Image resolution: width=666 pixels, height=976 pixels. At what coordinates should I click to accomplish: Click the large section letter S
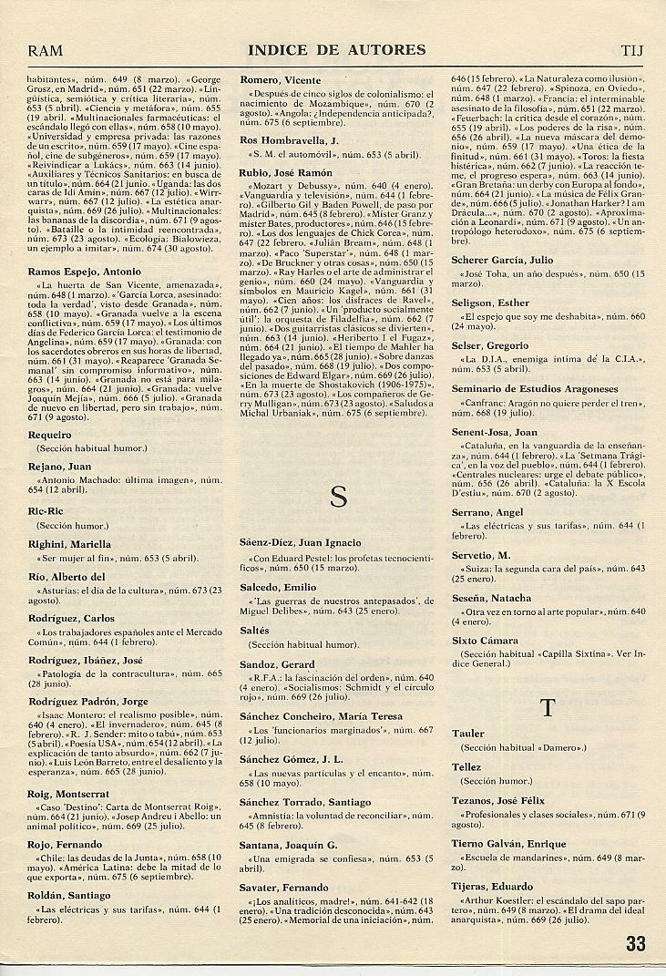coord(338,497)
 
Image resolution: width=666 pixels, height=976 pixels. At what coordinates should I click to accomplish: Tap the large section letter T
coord(548,707)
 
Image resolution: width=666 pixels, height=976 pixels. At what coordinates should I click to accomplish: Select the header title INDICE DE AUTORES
coord(336,49)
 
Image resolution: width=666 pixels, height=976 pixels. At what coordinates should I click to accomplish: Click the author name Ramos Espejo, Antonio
coord(84,272)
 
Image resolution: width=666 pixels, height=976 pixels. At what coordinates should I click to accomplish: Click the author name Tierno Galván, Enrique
coord(509,844)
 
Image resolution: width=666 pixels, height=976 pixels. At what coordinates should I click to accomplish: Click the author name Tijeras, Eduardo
coord(493,884)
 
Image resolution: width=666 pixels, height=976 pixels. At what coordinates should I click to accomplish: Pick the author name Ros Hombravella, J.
coord(289,140)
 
